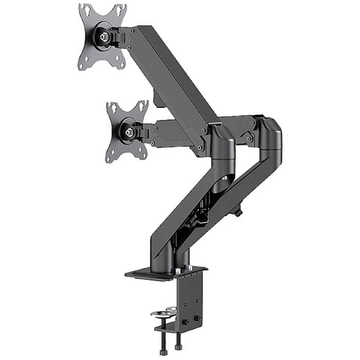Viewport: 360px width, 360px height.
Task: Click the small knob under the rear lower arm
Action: (239, 213)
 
